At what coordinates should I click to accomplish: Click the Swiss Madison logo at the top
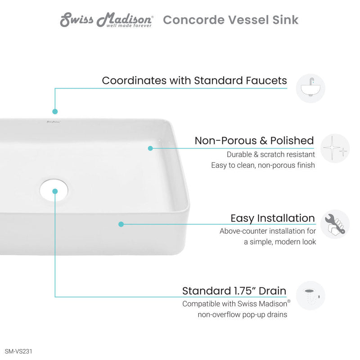click(107, 20)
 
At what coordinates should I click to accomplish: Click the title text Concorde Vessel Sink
click(230, 20)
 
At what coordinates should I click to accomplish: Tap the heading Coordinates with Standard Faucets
click(194, 81)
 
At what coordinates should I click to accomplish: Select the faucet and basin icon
click(310, 88)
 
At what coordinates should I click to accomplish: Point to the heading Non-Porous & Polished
click(254, 140)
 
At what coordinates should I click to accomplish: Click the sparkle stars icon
click(335, 148)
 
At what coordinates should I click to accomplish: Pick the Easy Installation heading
click(273, 218)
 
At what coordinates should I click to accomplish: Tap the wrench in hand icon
click(335, 224)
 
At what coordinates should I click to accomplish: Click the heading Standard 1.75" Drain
click(234, 291)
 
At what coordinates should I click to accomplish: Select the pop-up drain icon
click(310, 295)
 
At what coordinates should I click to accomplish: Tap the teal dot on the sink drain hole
click(55, 191)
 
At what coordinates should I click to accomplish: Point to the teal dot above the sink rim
click(55, 111)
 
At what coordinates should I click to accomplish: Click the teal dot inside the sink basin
click(150, 148)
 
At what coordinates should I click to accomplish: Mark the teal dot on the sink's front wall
click(121, 224)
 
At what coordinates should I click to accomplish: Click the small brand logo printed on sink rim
click(53, 121)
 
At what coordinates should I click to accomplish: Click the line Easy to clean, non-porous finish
click(263, 165)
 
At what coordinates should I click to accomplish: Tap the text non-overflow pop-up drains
click(242, 315)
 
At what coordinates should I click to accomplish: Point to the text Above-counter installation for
click(267, 231)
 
